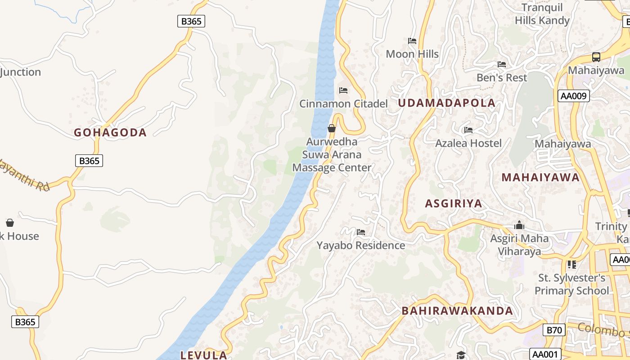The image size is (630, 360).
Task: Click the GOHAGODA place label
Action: [110, 132]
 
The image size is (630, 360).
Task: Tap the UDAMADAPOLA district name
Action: [446, 103]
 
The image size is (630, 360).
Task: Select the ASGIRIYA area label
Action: [453, 203]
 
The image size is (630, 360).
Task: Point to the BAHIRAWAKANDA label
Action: [457, 310]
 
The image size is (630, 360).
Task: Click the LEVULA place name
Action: [203, 355]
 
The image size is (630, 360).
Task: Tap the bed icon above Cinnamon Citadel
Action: [343, 90]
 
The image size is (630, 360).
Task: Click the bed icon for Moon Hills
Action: [412, 41]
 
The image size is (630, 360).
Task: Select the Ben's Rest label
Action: [502, 77]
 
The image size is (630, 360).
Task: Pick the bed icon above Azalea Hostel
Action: [468, 130]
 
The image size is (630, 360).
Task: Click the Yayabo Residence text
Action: [361, 245]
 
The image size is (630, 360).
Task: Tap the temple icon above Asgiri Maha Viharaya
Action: [519, 225]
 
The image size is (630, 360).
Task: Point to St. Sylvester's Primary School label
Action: [571, 284]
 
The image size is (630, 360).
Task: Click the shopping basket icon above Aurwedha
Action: [332, 128]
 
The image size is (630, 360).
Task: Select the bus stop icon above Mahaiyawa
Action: [596, 57]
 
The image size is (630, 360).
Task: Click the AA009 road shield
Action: [573, 96]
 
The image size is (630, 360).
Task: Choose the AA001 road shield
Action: [544, 354]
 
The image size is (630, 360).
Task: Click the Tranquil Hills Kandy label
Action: [542, 14]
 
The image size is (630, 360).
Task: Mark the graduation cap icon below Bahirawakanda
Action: [460, 355]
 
